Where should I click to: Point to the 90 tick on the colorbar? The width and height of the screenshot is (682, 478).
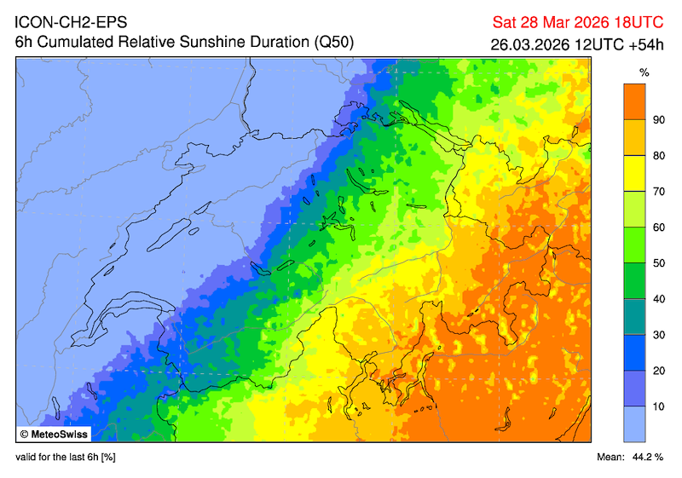[x=658, y=120]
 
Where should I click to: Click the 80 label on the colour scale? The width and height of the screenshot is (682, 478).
[x=658, y=156]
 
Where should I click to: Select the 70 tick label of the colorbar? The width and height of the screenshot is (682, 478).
[x=658, y=192]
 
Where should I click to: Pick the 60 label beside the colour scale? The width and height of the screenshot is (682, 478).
[x=658, y=227]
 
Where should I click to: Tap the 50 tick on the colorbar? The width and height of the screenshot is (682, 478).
[x=658, y=263]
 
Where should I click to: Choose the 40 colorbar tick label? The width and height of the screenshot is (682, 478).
[x=658, y=299]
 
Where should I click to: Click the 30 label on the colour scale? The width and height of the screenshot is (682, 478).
[x=658, y=335]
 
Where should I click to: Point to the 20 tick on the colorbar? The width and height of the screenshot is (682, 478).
[x=658, y=371]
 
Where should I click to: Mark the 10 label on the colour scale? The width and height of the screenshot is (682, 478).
[x=658, y=406]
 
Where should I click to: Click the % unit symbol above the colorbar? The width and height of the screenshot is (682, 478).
[x=633, y=72]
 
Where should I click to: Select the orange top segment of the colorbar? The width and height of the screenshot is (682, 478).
[x=633, y=101]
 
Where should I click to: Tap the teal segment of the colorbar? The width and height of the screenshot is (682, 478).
[x=633, y=316]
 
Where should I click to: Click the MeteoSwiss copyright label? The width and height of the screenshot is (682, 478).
[x=56, y=434]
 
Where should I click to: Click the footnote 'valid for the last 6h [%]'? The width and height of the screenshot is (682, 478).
[x=66, y=458]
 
